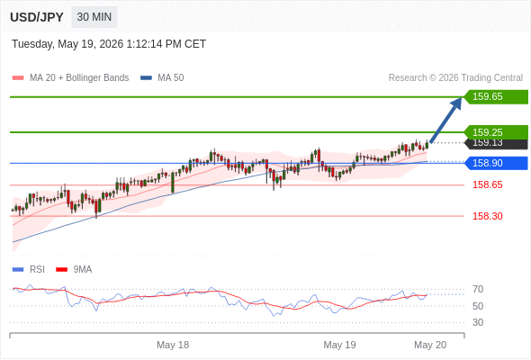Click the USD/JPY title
click(37, 17)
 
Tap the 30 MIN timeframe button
click(94, 17)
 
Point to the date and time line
click(109, 44)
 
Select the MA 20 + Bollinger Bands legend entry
click(70, 78)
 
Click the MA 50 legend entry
click(162, 78)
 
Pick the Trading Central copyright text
click(455, 78)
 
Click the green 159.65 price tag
click(496, 97)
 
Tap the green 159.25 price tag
click(496, 132)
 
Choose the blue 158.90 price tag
click(496, 163)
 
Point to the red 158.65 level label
click(488, 184)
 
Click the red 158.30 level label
click(488, 216)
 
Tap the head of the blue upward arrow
click(457, 103)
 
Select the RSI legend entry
click(29, 270)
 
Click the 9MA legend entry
click(74, 270)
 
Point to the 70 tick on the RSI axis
click(478, 289)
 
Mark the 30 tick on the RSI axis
click(478, 322)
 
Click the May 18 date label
click(173, 345)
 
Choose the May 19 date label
click(339, 345)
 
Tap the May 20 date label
click(430, 345)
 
